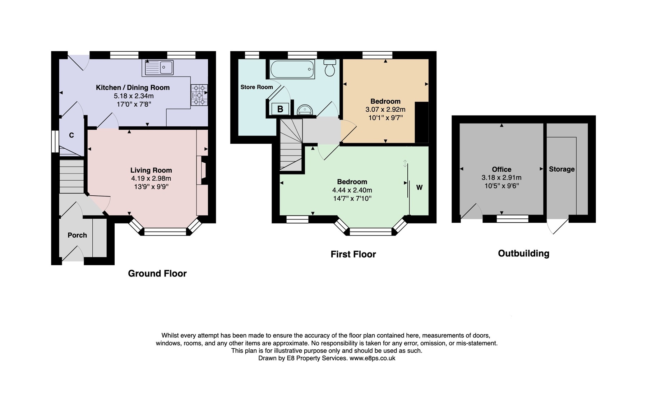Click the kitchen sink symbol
(x=159, y=68)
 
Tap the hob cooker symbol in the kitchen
(x=199, y=95)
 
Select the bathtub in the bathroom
(x=292, y=69)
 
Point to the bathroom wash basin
(x=305, y=110)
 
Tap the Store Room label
(x=257, y=87)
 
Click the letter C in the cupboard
(x=71, y=135)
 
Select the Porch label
(x=77, y=235)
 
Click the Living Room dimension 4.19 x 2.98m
(x=151, y=178)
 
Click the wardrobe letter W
(x=419, y=187)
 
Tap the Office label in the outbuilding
(x=502, y=169)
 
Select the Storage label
(x=561, y=169)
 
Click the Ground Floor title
(x=157, y=274)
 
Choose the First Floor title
(x=353, y=254)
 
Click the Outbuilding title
(x=523, y=254)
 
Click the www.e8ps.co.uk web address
(x=372, y=358)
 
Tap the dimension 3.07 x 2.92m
(x=385, y=110)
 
